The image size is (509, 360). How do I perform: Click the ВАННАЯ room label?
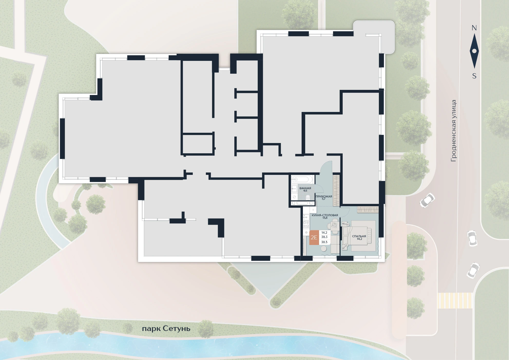click(305, 188)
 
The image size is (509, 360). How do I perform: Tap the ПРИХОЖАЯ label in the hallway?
click(324, 196)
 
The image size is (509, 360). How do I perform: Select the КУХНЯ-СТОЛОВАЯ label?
click(325, 215)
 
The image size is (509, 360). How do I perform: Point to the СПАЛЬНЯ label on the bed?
click(359, 236)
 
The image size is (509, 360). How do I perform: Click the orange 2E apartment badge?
click(314, 238)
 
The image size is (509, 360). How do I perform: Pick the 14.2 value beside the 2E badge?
click(324, 233)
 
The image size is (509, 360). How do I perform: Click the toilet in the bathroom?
click(308, 197)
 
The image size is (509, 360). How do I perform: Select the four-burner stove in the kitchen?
click(306, 224)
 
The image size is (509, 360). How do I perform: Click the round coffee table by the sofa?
click(323, 249)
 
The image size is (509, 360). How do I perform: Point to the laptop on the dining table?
click(334, 225)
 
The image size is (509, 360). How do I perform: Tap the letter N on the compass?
click(474, 28)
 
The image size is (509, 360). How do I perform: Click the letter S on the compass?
click(474, 76)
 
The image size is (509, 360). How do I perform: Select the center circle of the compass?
click(474, 51)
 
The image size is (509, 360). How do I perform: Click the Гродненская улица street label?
click(454, 131)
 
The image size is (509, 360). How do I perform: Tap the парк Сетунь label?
click(166, 329)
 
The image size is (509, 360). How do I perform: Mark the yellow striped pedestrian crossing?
click(455, 300)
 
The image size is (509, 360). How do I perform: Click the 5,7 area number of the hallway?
click(323, 199)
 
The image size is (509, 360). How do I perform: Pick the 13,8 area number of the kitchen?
click(325, 218)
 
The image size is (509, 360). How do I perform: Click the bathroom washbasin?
click(294, 189)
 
